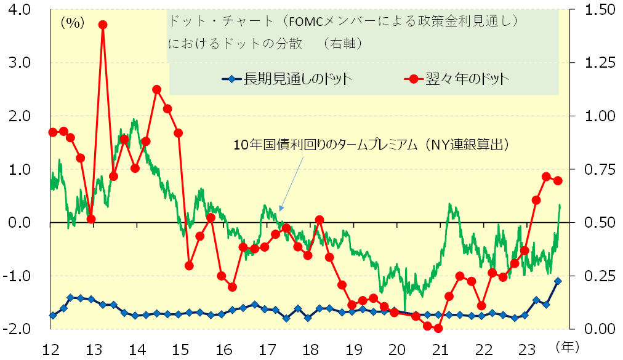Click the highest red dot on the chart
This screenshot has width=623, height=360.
[x=103, y=25]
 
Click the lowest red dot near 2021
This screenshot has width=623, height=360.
[x=438, y=328]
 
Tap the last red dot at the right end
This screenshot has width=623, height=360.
[x=558, y=180]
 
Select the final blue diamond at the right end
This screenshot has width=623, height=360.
[x=558, y=281]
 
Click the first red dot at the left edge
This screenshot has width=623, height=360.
[x=53, y=132]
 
